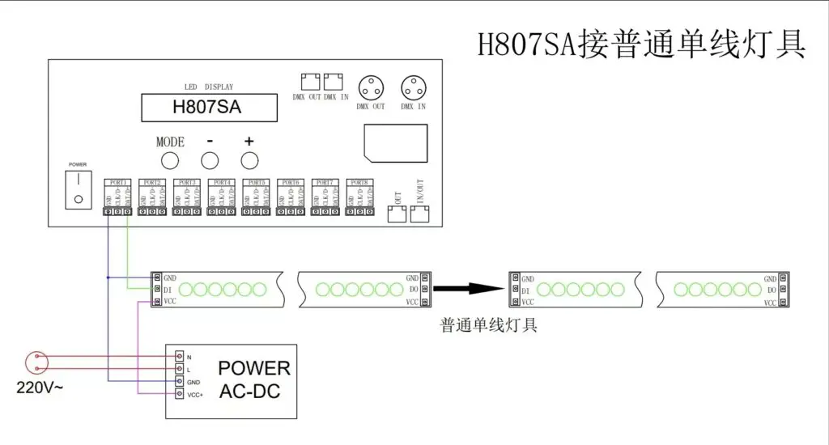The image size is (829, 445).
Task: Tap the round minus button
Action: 210,159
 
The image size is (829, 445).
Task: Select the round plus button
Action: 249,159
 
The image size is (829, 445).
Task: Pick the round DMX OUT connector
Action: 371,87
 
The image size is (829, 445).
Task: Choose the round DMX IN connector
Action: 413,87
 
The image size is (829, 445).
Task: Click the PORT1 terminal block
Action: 117,211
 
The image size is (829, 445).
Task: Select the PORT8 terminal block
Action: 359,211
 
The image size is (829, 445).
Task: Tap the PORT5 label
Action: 256,182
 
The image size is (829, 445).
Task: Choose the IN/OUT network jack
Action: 420,214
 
